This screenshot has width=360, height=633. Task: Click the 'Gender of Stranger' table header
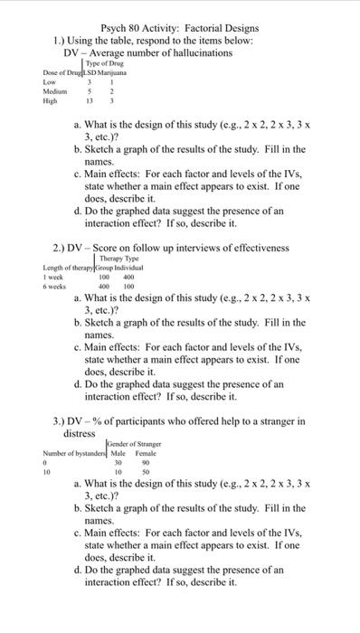click(134, 443)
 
